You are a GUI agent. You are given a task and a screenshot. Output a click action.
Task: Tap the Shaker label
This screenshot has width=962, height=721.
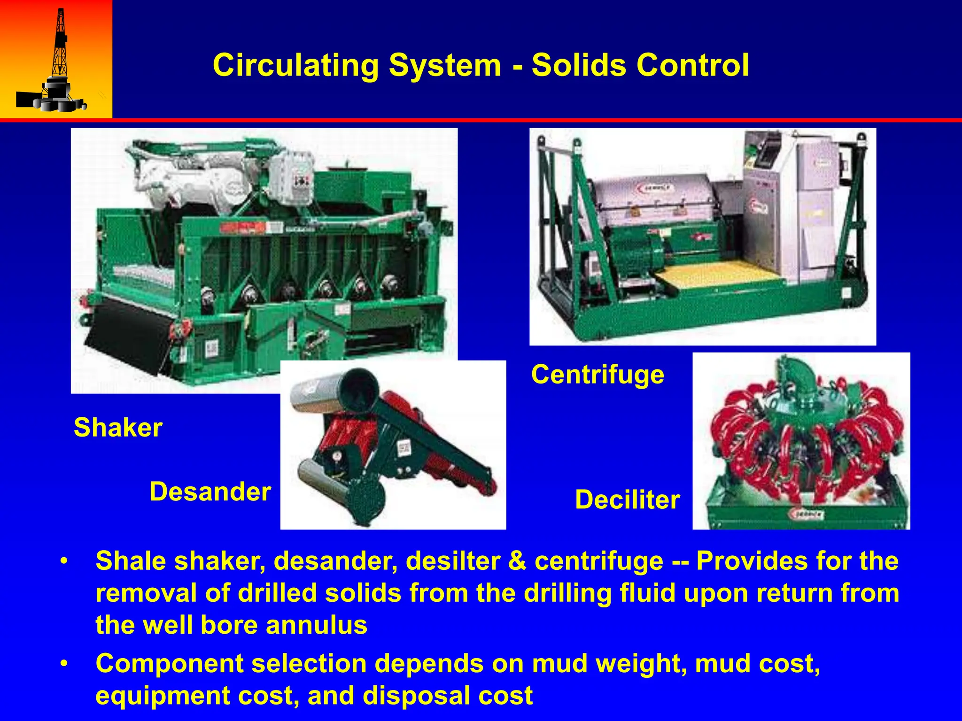coord(118,428)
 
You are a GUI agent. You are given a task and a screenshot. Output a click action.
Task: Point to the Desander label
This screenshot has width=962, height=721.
coord(210,492)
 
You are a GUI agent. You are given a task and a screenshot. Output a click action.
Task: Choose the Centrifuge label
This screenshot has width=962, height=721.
coord(597,375)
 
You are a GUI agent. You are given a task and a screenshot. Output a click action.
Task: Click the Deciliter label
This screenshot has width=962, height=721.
coord(627,499)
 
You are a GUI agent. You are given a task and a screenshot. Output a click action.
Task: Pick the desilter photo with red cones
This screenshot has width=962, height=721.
coord(801,441)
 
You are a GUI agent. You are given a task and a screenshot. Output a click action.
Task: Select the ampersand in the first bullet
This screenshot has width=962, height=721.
coord(517,561)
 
